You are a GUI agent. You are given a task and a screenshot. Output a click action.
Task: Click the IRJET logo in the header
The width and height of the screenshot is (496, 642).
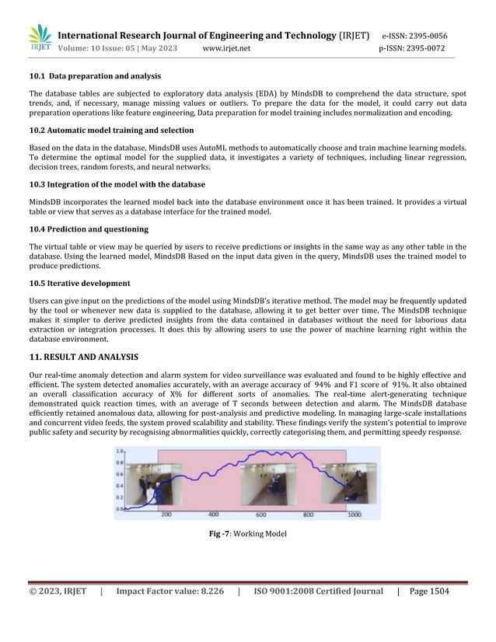[x=40, y=40]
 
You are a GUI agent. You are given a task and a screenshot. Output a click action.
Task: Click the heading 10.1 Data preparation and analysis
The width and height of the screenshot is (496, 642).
[x=95, y=76]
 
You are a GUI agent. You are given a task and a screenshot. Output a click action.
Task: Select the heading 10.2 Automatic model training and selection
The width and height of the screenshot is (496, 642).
[x=111, y=130]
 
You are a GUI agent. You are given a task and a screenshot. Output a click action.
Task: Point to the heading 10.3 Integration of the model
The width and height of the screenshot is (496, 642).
[x=117, y=184]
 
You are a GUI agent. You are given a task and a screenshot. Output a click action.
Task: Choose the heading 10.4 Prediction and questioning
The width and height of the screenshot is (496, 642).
[x=89, y=229]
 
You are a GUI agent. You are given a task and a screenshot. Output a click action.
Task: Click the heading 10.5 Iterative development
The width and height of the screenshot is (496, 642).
[x=79, y=283]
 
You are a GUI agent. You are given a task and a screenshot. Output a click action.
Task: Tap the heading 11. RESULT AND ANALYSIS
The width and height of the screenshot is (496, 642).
[x=83, y=358]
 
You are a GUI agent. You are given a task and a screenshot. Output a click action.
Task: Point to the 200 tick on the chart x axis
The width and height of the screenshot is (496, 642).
[x=166, y=515]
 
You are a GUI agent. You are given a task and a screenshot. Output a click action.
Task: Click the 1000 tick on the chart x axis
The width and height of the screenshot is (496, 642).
[x=355, y=515]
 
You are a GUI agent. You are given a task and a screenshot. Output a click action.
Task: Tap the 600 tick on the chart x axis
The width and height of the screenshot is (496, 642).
[x=261, y=515]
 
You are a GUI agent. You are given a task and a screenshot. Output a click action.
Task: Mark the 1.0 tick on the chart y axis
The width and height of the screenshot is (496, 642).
[x=121, y=451]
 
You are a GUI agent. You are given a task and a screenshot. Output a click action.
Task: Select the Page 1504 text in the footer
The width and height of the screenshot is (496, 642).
[x=429, y=591]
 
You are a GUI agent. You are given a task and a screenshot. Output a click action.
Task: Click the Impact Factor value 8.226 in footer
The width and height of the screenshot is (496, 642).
[x=169, y=591]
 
